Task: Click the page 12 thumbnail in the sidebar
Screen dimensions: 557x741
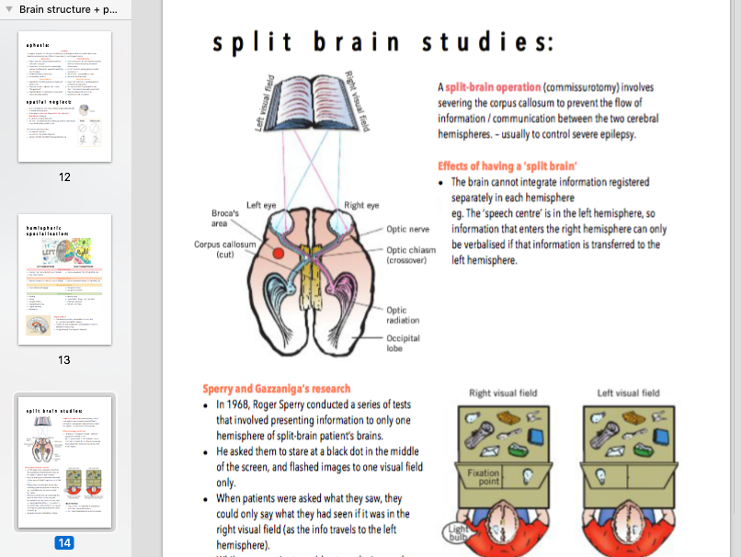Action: point(64,97)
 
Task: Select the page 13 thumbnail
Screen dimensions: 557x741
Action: point(64,279)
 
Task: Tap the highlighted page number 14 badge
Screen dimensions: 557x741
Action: point(64,542)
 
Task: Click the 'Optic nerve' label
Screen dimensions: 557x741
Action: point(408,228)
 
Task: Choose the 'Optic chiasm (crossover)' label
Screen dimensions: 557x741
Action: point(411,256)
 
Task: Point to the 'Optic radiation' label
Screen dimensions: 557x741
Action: point(404,315)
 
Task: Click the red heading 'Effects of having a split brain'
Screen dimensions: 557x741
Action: point(507,166)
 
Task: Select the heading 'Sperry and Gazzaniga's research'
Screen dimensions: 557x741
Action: point(277,389)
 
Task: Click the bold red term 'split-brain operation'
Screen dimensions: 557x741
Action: point(493,86)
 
